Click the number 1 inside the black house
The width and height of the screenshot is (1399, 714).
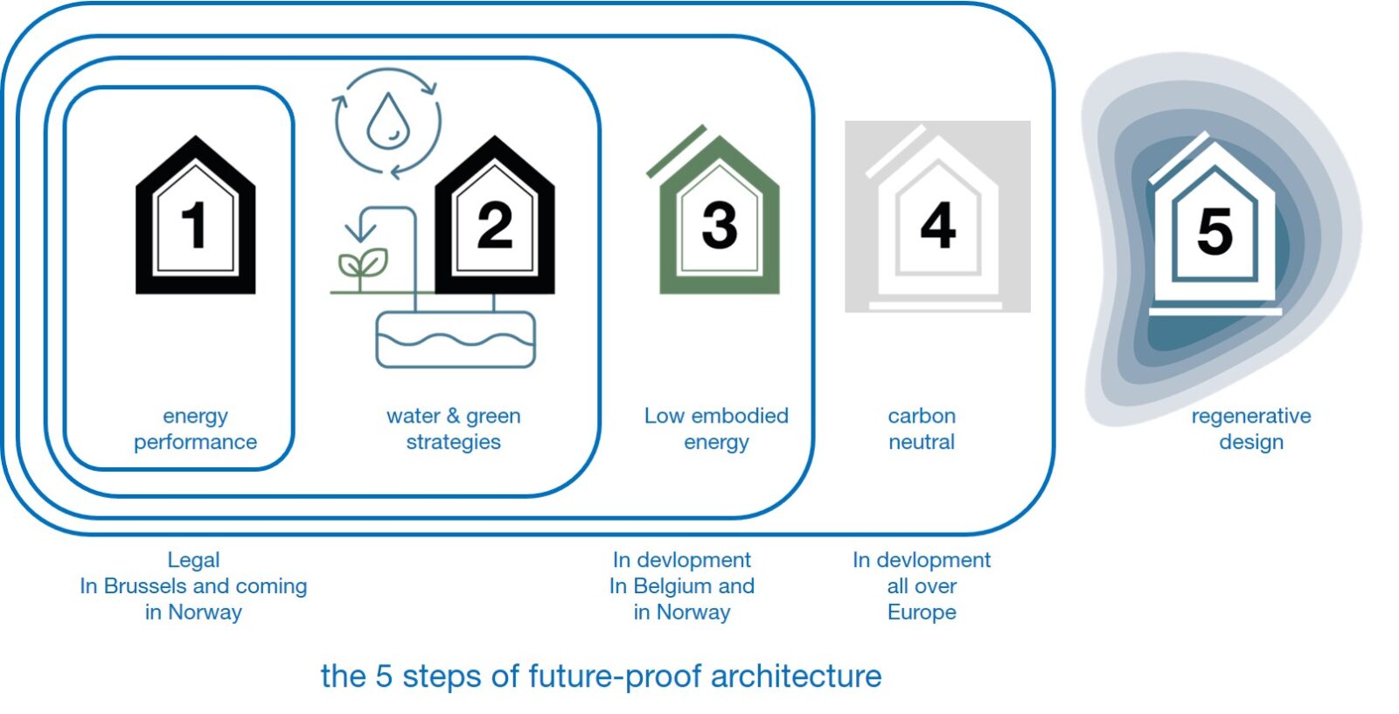[x=195, y=225]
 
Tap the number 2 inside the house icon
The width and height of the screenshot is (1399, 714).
[x=495, y=225]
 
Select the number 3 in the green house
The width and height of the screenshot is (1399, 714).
[x=719, y=225]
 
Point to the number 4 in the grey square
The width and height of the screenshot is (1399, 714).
[x=937, y=225]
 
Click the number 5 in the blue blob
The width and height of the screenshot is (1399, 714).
[x=1215, y=232]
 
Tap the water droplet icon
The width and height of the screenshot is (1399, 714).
[x=387, y=122]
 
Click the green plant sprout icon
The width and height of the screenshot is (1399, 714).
[x=362, y=265]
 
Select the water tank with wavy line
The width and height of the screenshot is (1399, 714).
[x=455, y=339]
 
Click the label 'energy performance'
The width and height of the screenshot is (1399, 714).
[x=195, y=429]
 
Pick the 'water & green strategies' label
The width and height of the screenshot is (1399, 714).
[x=453, y=429]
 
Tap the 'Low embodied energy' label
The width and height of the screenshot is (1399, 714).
[x=716, y=429]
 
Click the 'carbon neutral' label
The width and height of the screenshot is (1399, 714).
[x=922, y=429]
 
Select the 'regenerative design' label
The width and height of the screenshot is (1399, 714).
[x=1250, y=429]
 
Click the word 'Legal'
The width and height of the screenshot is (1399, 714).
[x=193, y=560]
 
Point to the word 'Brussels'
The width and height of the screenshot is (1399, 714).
[x=145, y=586]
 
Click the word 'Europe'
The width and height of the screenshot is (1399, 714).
[x=922, y=612]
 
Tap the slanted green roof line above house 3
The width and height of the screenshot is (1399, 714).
[x=676, y=150]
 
